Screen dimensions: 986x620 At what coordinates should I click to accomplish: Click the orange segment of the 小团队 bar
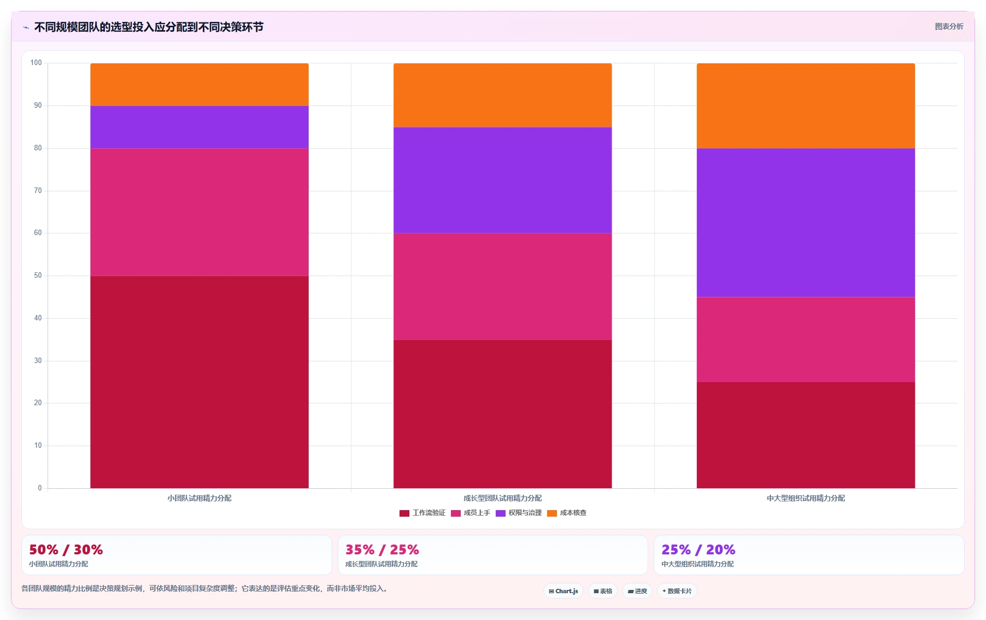pos(199,85)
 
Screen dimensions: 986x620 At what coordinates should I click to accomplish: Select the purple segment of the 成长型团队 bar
pos(503,180)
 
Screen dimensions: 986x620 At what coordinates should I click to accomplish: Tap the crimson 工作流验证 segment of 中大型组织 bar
pos(806,435)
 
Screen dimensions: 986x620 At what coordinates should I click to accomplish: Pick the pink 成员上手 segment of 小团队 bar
pos(199,212)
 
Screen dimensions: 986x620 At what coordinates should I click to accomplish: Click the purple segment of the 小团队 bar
pos(199,127)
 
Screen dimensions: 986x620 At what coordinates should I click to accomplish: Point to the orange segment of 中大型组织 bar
pos(806,106)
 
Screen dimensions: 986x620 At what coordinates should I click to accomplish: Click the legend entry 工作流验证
pos(422,513)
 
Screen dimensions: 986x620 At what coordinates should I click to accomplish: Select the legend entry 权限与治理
pos(519,513)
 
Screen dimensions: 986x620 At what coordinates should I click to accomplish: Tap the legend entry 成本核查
pos(567,513)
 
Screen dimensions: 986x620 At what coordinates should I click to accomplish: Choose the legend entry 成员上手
pos(471,513)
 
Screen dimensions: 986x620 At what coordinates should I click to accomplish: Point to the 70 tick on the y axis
pos(38,191)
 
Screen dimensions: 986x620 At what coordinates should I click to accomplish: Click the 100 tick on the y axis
pos(36,63)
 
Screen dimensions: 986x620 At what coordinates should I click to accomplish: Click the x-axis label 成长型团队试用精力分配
pos(503,498)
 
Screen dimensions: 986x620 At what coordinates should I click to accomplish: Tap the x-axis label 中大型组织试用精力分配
pos(806,498)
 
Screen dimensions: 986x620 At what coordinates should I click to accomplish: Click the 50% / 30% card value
pos(66,549)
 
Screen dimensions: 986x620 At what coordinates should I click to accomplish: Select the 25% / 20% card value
pos(699,549)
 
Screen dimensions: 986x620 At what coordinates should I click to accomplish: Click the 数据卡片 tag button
pos(677,591)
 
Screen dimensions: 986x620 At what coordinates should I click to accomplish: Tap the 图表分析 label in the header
pos(949,26)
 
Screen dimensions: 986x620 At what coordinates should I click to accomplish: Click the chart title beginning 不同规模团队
pos(149,27)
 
